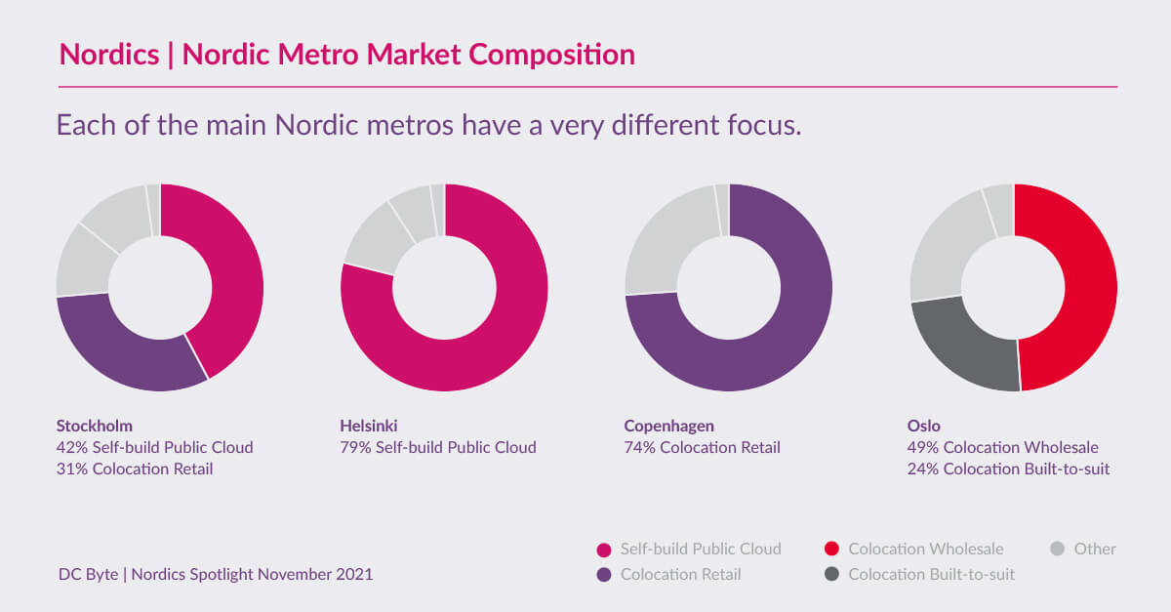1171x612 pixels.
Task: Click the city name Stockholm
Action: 95,426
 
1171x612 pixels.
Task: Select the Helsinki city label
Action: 369,426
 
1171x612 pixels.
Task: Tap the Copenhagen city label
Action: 668,426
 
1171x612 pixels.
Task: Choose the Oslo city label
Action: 924,426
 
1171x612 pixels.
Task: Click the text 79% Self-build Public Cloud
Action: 438,448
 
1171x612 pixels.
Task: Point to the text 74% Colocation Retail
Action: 703,448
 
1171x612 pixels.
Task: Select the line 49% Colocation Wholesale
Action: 1003,448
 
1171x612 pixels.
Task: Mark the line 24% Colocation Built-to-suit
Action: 1008,469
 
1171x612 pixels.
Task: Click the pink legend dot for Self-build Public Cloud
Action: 603,550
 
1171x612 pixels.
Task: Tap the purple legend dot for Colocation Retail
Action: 603,575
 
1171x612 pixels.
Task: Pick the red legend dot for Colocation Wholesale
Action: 830,550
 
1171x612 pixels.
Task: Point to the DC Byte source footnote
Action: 215,575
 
